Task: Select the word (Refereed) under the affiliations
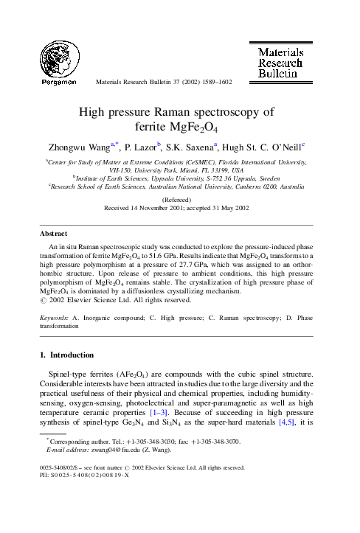pyautogui.click(x=179, y=199)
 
